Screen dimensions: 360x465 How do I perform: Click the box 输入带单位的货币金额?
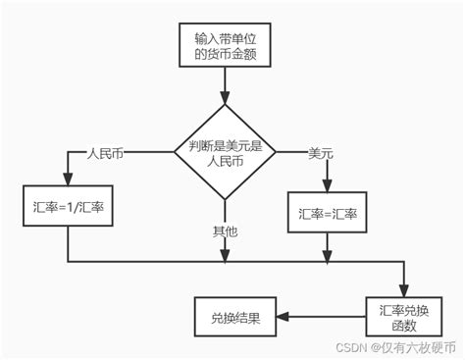224,46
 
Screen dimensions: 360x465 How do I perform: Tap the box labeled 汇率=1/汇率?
67,208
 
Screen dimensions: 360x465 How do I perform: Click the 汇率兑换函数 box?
402,316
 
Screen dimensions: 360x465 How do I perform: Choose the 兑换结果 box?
235,317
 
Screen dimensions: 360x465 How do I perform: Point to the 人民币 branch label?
106,154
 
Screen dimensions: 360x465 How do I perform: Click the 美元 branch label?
321,153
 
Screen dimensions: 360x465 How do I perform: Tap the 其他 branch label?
225,231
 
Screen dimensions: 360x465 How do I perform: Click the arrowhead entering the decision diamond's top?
225,98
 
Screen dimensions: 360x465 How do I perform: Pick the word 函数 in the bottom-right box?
402,325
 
